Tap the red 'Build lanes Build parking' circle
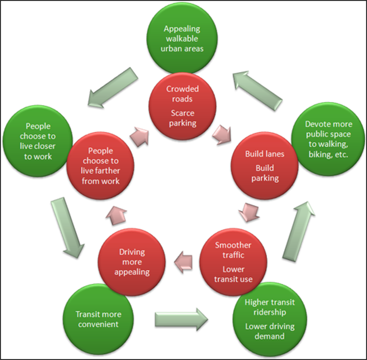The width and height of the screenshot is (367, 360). point(265,166)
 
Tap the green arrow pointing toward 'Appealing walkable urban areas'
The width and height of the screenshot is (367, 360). point(258,88)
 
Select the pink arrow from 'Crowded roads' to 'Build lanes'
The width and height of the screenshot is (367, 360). point(222,134)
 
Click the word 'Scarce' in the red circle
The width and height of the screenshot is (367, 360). point(182,113)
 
